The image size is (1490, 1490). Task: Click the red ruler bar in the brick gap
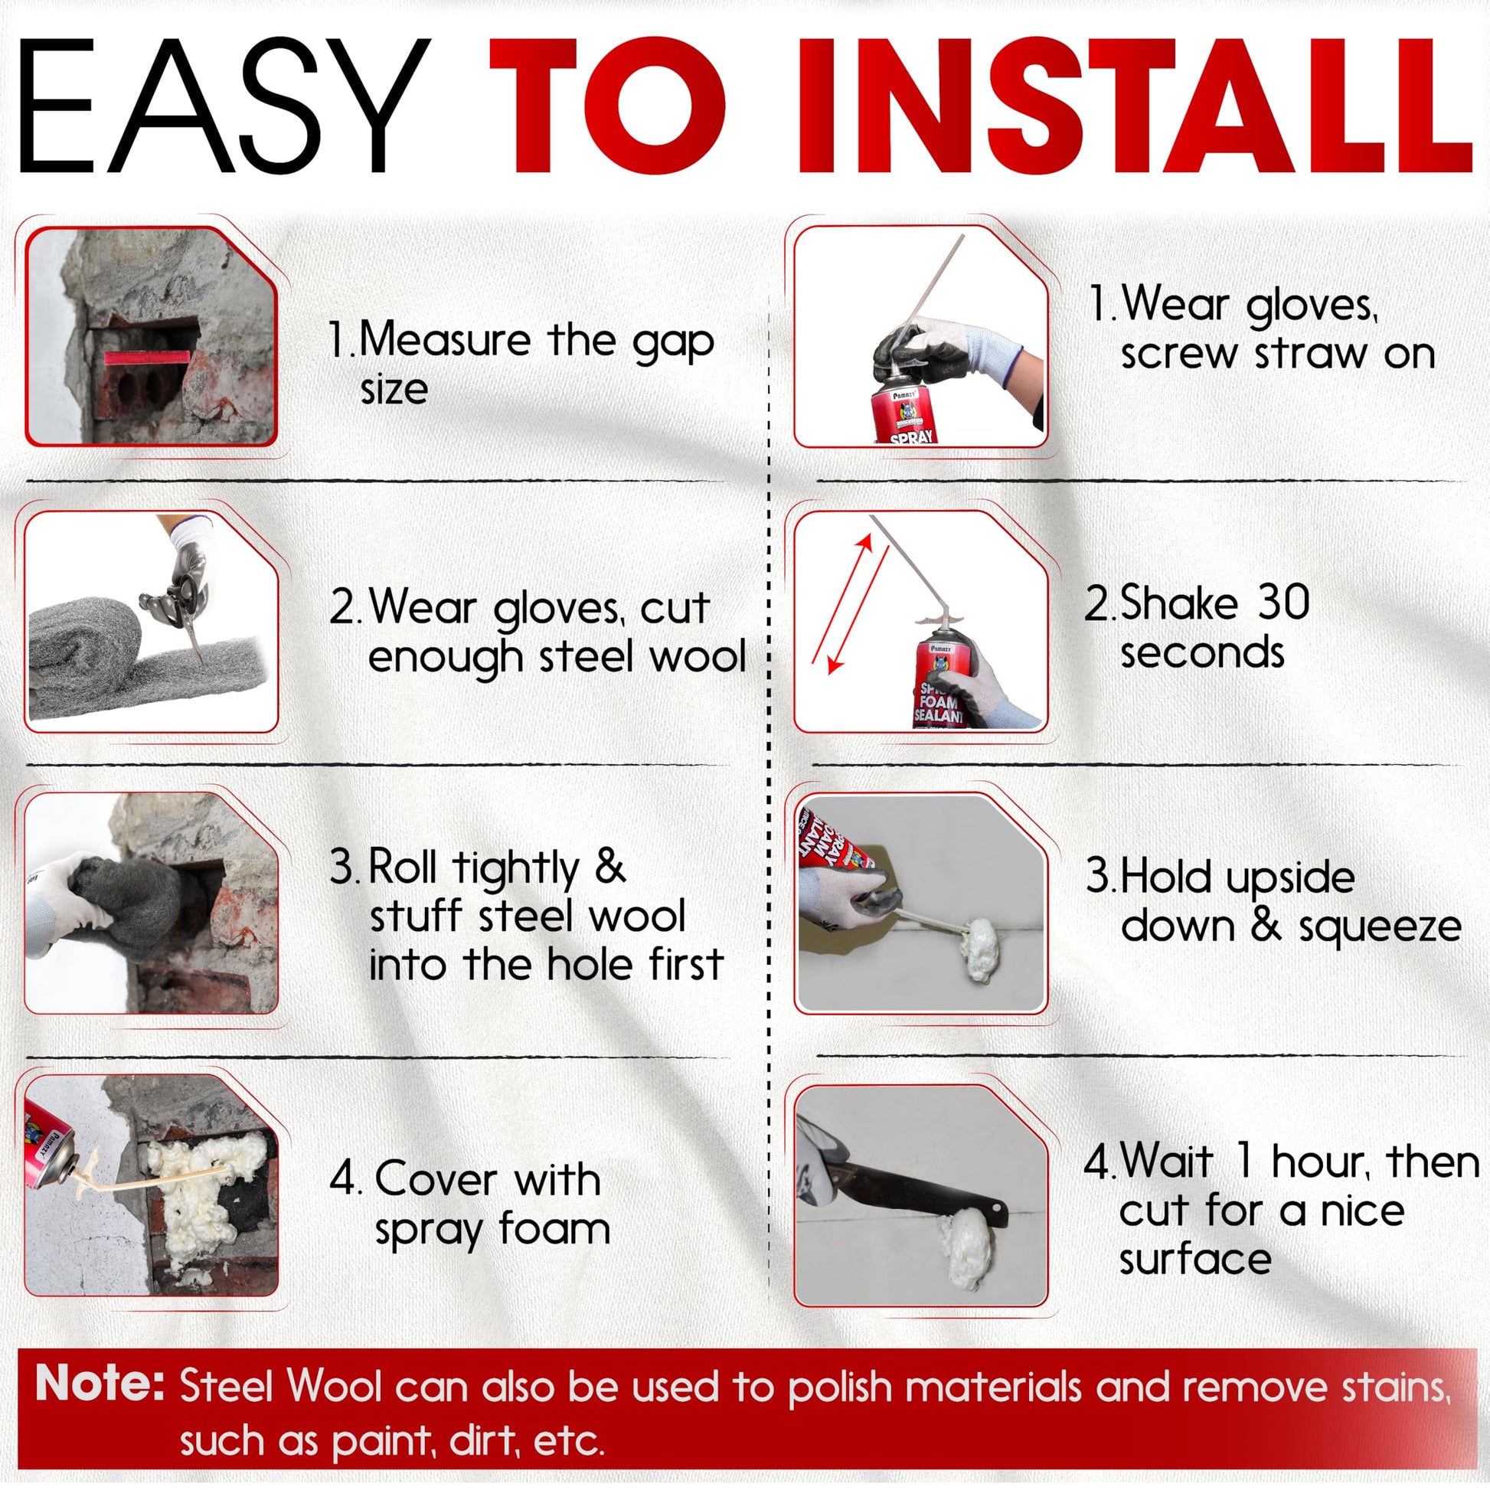pos(146,356)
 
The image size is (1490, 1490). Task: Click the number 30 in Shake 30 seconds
pos(1283,602)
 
